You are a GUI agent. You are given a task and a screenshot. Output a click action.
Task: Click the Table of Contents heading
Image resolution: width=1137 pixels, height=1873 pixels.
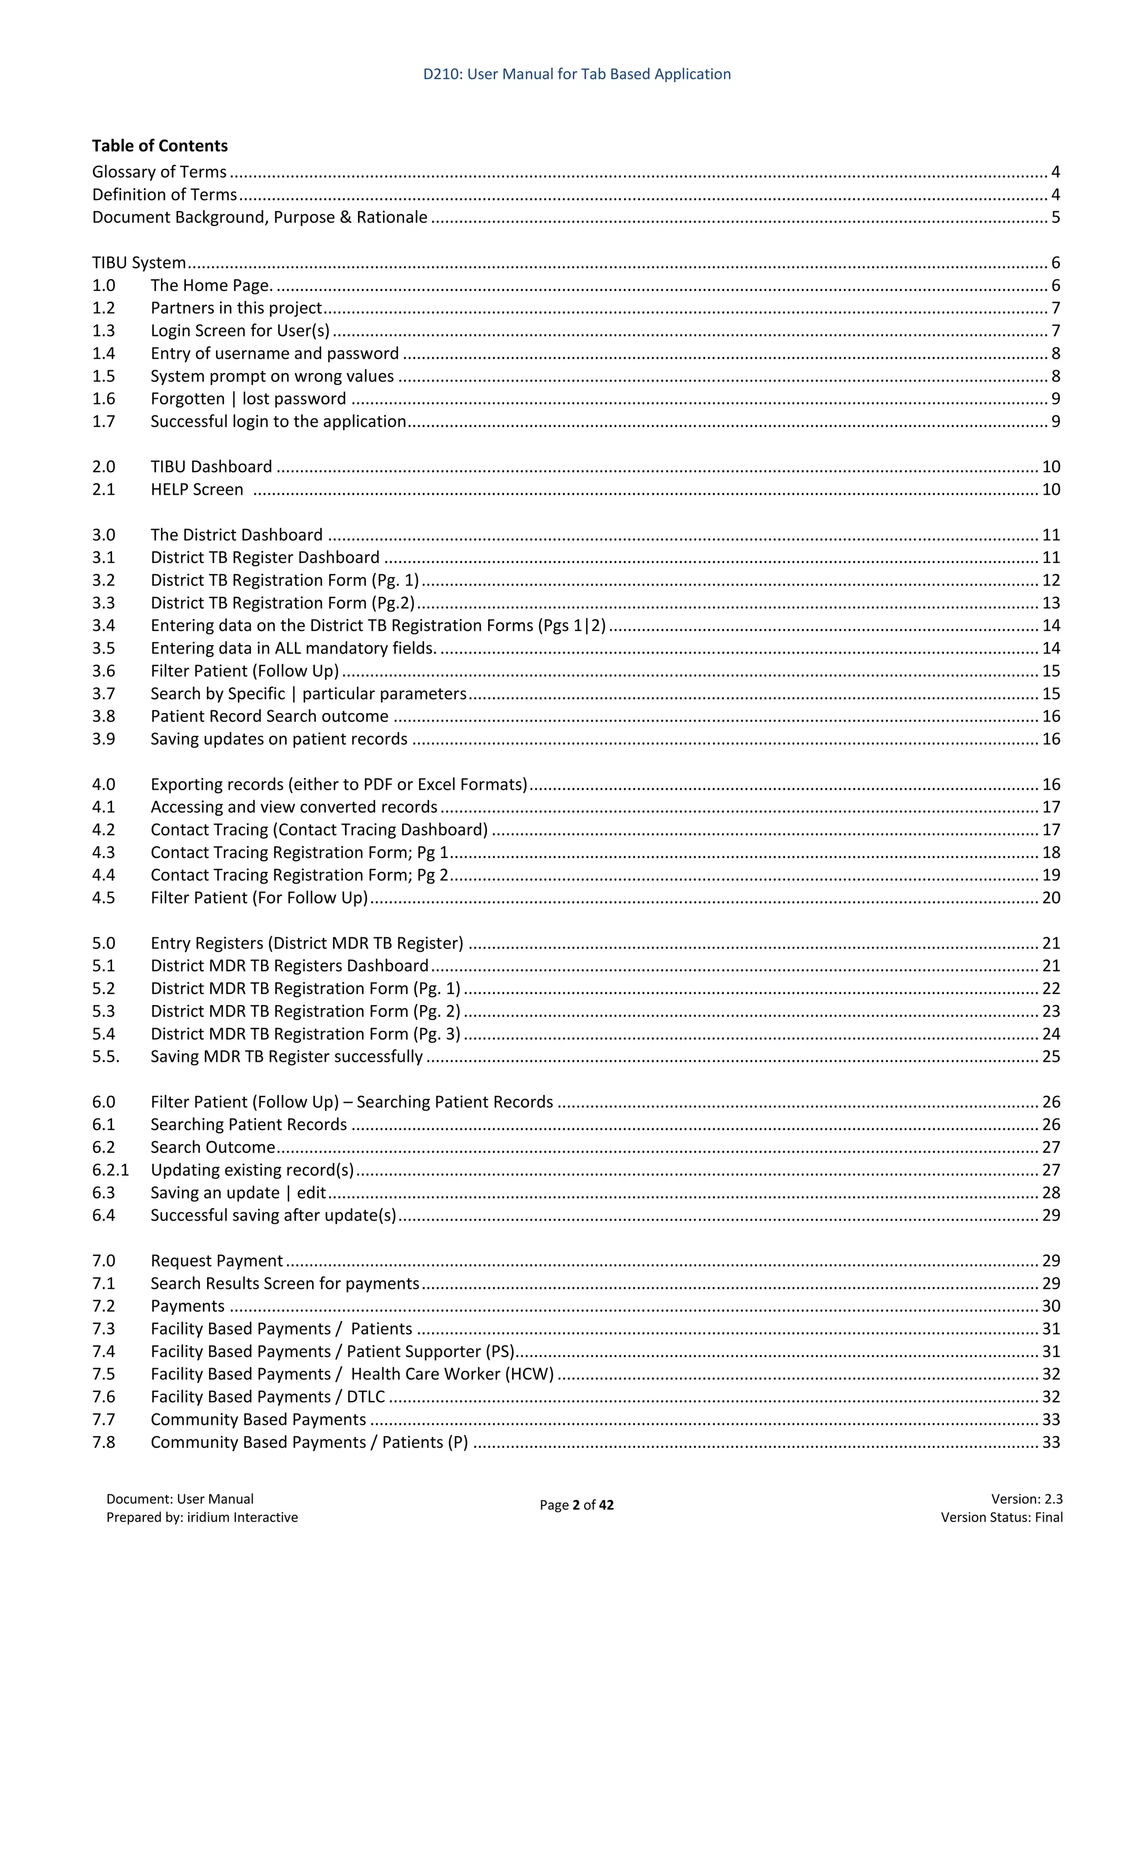159,145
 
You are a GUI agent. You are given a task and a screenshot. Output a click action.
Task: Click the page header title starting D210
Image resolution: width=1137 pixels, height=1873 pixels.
576,74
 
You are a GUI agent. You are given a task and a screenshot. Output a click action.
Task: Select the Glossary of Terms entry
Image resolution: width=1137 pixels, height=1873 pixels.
159,172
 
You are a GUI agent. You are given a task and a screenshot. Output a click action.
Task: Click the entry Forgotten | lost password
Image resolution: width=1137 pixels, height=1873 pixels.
248,398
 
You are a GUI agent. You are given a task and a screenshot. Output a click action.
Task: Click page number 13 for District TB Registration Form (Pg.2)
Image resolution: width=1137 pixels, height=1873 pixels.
1050,603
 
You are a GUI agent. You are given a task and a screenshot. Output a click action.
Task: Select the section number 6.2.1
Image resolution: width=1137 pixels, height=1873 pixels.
110,1170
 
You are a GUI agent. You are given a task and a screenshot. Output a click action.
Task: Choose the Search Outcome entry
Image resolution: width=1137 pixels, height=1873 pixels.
212,1147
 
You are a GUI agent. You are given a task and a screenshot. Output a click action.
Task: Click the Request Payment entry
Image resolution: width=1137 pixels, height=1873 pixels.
217,1261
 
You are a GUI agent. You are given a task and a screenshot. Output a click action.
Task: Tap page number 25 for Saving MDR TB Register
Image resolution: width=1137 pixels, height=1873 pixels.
1050,1057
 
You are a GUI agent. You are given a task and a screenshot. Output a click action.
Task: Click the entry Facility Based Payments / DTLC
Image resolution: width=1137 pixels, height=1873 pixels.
268,1397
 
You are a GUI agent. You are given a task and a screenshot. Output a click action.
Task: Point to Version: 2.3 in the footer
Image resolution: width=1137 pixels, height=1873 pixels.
1026,1499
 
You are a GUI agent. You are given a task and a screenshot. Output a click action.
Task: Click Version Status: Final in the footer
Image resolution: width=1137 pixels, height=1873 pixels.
1001,1517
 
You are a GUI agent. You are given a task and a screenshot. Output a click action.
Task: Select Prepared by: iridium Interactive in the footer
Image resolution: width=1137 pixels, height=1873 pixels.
202,1517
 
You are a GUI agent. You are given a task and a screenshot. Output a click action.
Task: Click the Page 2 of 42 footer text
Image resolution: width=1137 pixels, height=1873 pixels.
576,1505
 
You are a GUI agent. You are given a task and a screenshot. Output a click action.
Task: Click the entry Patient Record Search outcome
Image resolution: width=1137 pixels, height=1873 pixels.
269,716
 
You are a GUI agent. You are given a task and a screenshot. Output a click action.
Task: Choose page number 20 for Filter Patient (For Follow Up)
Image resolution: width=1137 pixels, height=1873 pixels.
1050,898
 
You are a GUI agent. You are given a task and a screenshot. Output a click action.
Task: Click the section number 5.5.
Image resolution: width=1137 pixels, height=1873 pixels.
105,1057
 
